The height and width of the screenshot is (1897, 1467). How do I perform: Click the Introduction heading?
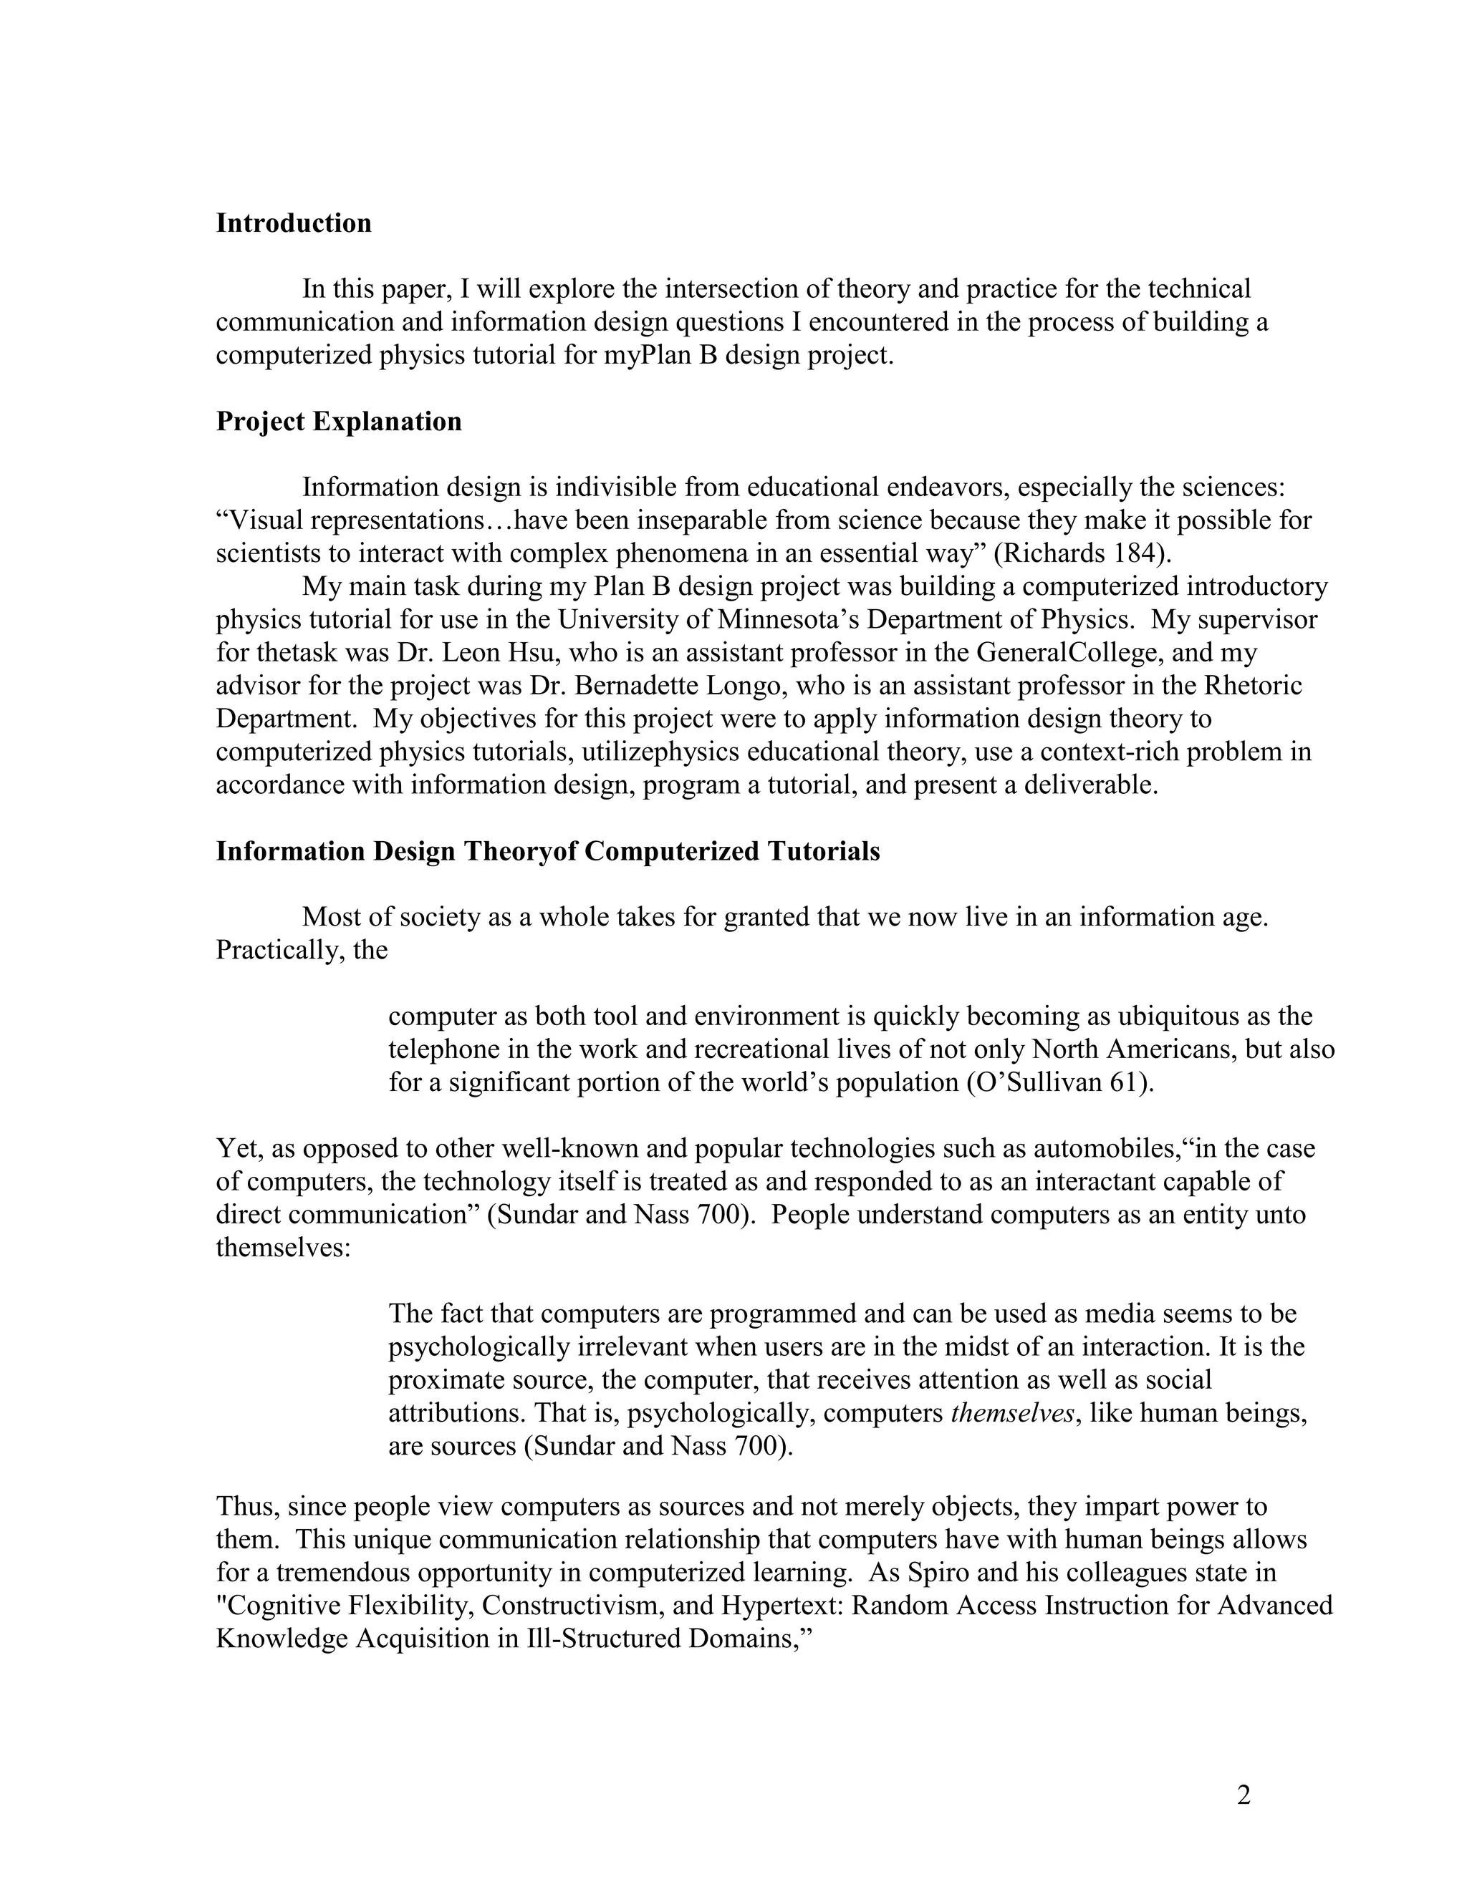tap(293, 223)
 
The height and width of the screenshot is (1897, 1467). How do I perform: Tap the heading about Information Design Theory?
tap(547, 851)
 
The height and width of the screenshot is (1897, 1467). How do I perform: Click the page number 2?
tap(1244, 1795)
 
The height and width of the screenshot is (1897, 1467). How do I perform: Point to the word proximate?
tap(445, 1380)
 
